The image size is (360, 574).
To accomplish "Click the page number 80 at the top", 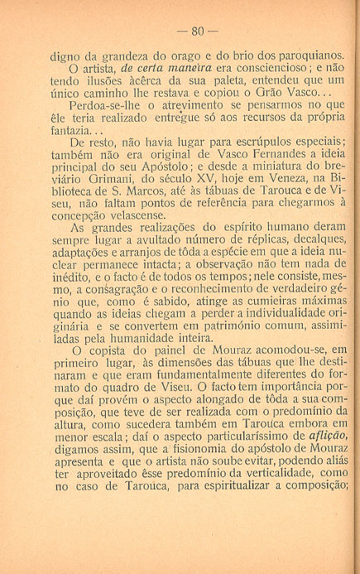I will (x=196, y=34).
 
